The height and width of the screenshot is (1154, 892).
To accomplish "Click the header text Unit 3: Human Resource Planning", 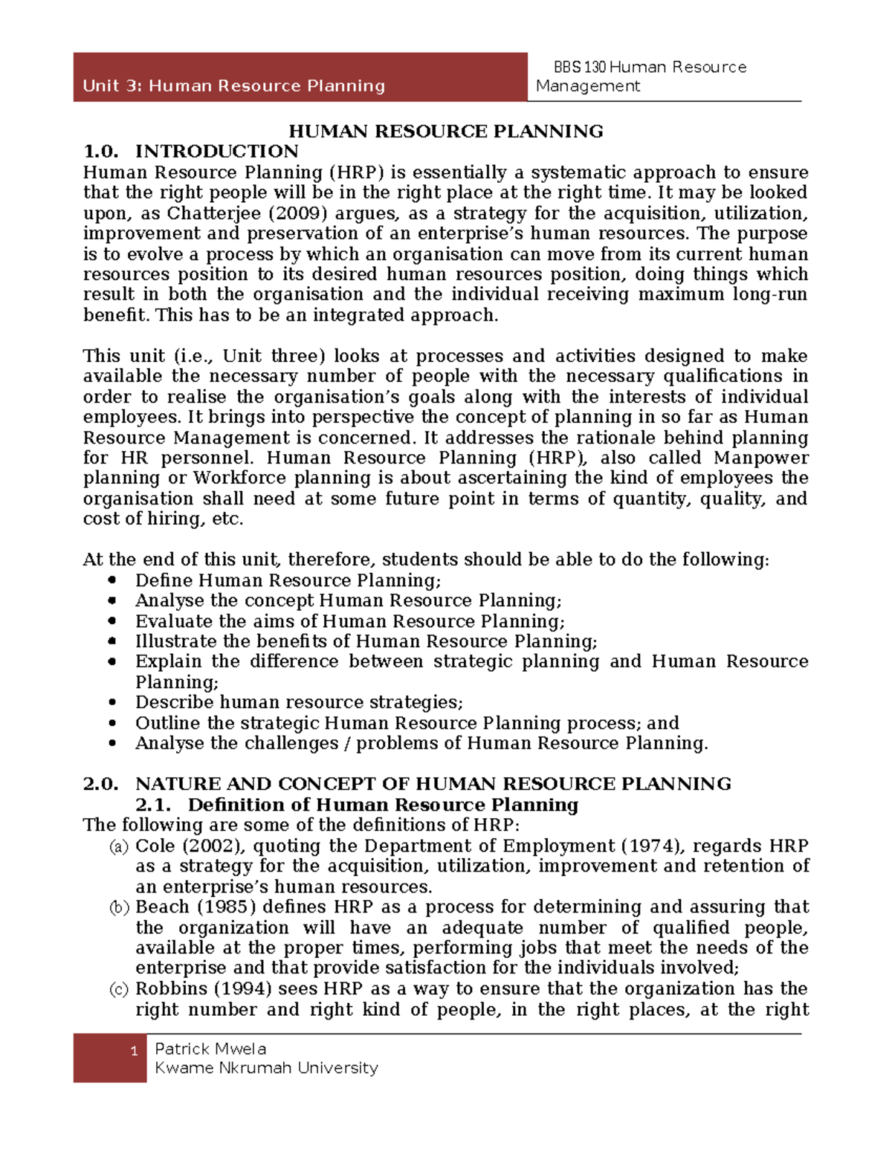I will pos(233,86).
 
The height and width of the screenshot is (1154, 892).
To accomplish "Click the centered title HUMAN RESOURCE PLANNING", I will pos(445,132).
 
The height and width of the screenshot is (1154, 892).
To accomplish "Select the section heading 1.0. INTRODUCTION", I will pos(190,152).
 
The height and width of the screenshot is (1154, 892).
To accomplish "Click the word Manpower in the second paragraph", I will pos(760,458).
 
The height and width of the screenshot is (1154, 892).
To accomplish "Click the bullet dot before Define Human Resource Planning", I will pos(112,580).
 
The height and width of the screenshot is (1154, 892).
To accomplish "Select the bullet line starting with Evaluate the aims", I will pos(349,621).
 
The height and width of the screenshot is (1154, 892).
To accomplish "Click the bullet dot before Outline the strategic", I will pos(112,723).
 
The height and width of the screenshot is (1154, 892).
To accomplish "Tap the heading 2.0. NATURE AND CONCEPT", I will pos(407,784).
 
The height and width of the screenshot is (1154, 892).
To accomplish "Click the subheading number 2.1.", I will pos(153,805).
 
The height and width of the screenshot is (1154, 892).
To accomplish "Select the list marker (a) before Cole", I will pos(119,846).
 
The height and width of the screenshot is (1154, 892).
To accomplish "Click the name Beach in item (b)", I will pos(162,907).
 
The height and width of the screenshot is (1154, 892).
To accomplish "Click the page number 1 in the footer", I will pos(134,1051).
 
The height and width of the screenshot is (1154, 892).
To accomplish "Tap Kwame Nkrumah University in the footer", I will pos(266,1069).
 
